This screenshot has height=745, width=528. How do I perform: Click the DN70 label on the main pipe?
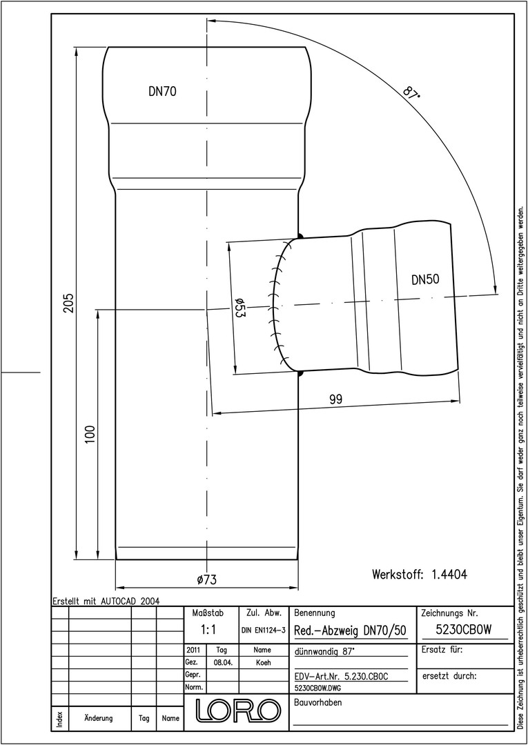click(x=162, y=91)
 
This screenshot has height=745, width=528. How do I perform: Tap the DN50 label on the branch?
click(x=425, y=280)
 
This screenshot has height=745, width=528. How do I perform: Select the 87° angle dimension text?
click(x=411, y=93)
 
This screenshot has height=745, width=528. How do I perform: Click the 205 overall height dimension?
click(x=70, y=303)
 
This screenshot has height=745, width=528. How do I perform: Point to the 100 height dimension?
click(x=91, y=435)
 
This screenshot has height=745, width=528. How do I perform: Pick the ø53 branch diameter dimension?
click(x=239, y=309)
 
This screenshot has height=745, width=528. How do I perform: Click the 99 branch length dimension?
click(x=336, y=399)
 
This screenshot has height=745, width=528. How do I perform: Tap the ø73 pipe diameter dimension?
click(x=207, y=579)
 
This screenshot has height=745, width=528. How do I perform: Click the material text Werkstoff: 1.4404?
click(x=419, y=574)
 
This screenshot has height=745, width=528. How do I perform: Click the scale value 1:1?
click(x=208, y=630)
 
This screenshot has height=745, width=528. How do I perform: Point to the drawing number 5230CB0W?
click(x=463, y=630)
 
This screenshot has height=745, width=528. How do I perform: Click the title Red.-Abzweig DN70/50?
click(x=350, y=630)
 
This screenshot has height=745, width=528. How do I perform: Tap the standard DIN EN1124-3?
click(x=263, y=630)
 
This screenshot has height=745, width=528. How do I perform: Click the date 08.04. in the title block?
click(x=223, y=662)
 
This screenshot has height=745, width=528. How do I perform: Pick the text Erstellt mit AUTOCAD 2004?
click(x=106, y=601)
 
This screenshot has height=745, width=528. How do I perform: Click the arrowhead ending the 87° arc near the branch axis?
click(x=495, y=290)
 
